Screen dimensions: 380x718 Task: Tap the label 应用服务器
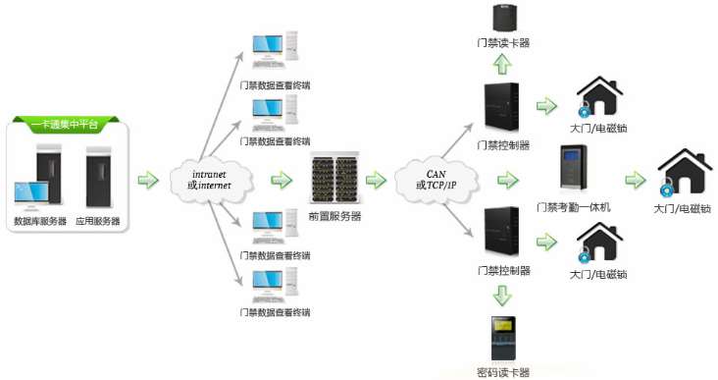tap(98, 223)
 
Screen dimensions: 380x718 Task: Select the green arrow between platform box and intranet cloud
tap(147, 181)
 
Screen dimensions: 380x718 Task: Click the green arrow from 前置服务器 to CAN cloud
tap(376, 181)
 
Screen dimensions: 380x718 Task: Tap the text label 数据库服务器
tap(40, 223)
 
